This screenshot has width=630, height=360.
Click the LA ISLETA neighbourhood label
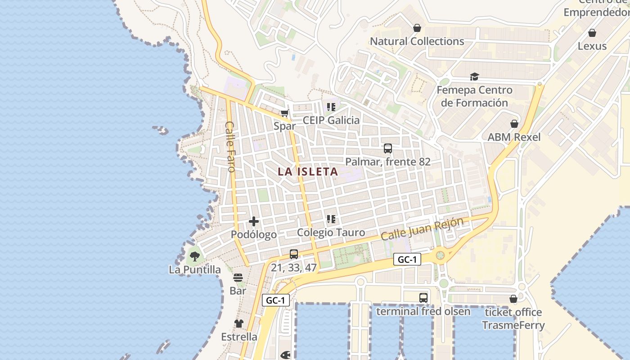(x=308, y=171)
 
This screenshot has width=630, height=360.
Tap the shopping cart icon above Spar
(x=284, y=113)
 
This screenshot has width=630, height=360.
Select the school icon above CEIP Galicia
(x=331, y=107)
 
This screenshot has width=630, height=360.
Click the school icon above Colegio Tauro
(x=331, y=219)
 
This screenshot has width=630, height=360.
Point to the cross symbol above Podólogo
(x=254, y=221)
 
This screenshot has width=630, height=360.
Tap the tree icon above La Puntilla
(x=195, y=256)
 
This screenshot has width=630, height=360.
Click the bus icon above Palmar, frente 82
(x=387, y=148)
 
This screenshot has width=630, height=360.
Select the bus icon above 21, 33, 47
(x=294, y=254)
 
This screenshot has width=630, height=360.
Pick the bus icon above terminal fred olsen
(x=423, y=297)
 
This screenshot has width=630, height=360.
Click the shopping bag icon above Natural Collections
(x=417, y=28)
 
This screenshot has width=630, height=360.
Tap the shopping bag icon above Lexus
(x=592, y=33)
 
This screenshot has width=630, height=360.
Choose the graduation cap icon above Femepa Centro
(x=474, y=76)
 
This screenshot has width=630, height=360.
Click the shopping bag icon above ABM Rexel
(x=514, y=124)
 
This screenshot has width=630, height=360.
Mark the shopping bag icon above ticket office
(x=513, y=299)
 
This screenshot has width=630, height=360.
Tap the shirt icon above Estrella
(x=238, y=323)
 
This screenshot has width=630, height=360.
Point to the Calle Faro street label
(x=230, y=147)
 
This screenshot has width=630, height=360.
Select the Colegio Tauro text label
(x=331, y=233)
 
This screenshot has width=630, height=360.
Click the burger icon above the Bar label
(x=238, y=278)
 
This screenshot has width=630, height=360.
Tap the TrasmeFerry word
(x=513, y=325)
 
